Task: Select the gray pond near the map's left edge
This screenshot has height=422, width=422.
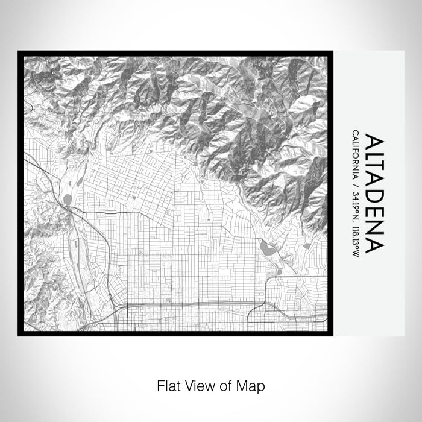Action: pyautogui.click(x=66, y=199)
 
